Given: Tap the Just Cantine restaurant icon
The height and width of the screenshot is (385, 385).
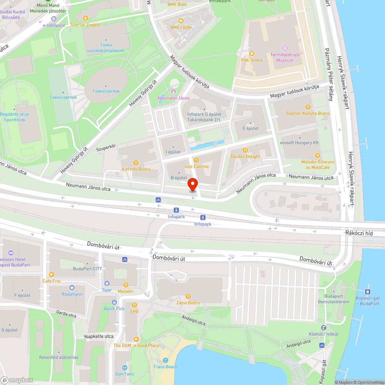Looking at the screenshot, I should [196, 160].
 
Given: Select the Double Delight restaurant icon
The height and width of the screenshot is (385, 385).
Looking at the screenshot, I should [245, 150].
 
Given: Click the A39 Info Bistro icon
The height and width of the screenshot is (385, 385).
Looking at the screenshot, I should [136, 163].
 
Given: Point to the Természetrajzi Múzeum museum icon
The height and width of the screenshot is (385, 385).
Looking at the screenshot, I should [285, 48].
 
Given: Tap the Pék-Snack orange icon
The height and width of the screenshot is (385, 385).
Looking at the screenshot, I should [252, 54].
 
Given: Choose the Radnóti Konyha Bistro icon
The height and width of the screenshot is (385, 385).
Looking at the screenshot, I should [308, 107].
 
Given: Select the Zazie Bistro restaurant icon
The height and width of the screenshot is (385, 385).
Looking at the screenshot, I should [188, 296].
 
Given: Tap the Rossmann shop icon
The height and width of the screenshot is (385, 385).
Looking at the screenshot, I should [72, 288].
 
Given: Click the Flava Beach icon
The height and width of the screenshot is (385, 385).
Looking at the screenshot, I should [165, 360].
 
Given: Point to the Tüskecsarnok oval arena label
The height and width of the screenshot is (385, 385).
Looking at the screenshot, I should [106, 91].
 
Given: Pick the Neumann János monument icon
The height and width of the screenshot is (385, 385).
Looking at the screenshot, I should [173, 92].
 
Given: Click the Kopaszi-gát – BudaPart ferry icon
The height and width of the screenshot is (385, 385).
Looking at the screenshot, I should [368, 292].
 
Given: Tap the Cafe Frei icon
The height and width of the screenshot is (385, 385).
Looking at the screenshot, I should [51, 275].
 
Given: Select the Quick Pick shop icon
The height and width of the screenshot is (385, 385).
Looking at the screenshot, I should [114, 302].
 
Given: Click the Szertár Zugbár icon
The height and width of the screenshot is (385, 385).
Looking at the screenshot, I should [85, 18].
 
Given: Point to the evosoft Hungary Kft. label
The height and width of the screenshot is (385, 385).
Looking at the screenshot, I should [301, 142].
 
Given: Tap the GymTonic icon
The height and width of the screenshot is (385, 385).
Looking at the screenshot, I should [125, 368].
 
